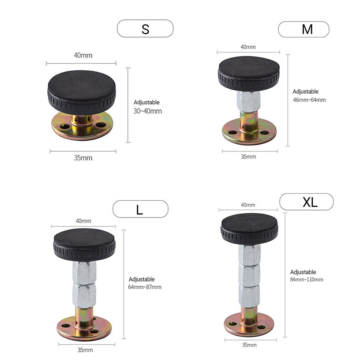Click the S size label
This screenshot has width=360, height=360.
145,29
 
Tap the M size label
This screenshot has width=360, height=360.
307,29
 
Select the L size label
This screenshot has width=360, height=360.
139,209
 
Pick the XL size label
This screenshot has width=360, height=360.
310,202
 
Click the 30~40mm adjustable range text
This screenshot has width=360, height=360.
148,111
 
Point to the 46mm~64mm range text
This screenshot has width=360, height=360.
309,100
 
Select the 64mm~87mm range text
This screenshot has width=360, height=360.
145,287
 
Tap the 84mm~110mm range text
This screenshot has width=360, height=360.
307,280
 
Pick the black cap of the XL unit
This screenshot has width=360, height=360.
249,229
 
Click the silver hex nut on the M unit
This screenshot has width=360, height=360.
248,101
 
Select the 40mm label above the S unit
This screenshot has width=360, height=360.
83,55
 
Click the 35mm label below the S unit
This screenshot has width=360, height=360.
83,158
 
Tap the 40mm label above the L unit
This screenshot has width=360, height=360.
83,221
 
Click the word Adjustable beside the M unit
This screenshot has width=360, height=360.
305,91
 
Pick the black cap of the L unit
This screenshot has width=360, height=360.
84,245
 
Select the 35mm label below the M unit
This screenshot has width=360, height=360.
248,157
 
